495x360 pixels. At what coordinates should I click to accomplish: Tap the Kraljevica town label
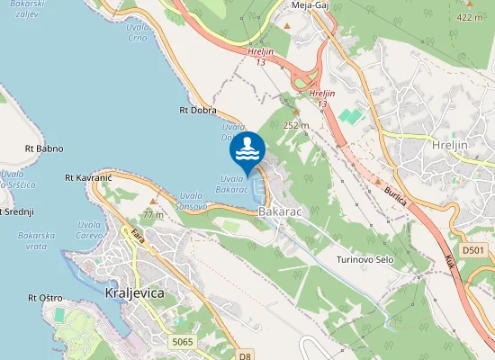[135, 294]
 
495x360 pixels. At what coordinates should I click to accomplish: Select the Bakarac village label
[281, 211]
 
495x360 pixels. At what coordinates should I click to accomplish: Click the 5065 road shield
[183, 341]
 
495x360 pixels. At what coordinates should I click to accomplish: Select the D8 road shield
[245, 355]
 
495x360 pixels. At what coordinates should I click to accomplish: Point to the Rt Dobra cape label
[198, 111]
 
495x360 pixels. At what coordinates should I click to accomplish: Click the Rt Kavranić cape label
[88, 179]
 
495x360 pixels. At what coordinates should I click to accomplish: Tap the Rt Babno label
[44, 148]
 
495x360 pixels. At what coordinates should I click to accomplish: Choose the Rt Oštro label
[45, 298]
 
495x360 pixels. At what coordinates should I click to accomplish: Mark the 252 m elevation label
[296, 125]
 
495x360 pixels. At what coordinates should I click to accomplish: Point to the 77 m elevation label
[153, 215]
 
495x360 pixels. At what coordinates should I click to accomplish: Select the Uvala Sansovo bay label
[193, 200]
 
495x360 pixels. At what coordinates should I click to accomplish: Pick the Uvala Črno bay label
[136, 33]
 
